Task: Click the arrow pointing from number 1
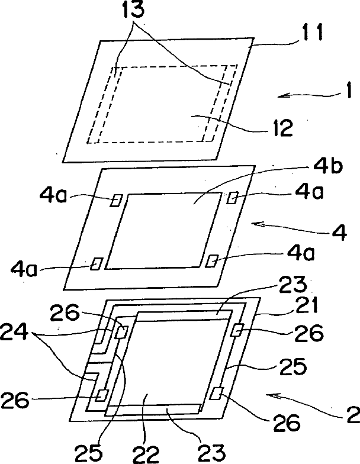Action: (302, 94)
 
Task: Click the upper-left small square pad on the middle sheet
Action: (115, 201)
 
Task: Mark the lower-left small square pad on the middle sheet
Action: (96, 263)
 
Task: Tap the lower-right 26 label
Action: (285, 424)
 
